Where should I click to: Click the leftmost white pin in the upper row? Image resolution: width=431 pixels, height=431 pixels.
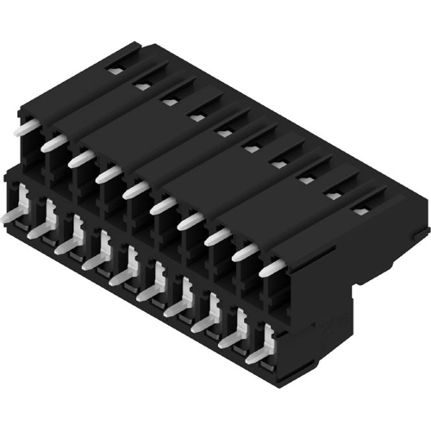[28, 127]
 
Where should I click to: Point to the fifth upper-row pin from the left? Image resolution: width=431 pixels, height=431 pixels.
[135, 191]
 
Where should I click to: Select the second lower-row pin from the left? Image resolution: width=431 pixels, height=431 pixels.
[42, 232]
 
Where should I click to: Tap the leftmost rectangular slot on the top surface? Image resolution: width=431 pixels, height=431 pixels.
[116, 70]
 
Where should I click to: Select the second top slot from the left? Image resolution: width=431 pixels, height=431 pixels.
[142, 85]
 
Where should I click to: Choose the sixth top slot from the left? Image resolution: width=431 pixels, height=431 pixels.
[252, 147]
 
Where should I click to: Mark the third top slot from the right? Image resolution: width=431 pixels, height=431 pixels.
[307, 178]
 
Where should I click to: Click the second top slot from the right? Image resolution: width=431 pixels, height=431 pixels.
[334, 193]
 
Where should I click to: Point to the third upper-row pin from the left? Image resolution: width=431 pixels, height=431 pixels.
[81, 159]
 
